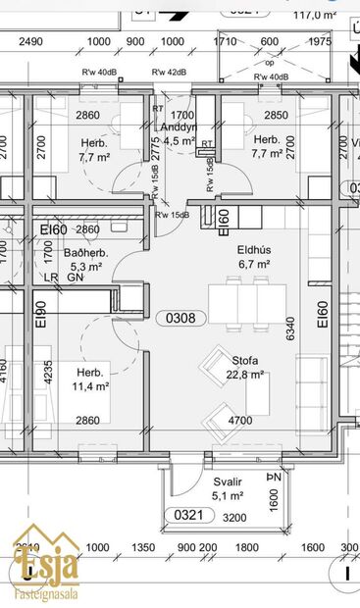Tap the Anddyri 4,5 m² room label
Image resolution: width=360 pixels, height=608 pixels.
pyautogui.click(x=180, y=133)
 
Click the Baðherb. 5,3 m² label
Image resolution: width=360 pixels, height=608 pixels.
pyautogui.click(x=85, y=259)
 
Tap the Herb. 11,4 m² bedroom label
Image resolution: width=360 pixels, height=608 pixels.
pyautogui.click(x=89, y=379)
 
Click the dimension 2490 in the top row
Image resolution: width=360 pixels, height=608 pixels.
pyautogui.click(x=31, y=41)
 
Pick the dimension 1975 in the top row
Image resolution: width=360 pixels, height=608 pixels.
pyautogui.click(x=321, y=41)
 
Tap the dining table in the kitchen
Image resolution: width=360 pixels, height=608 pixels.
pyautogui.click(x=239, y=304)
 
